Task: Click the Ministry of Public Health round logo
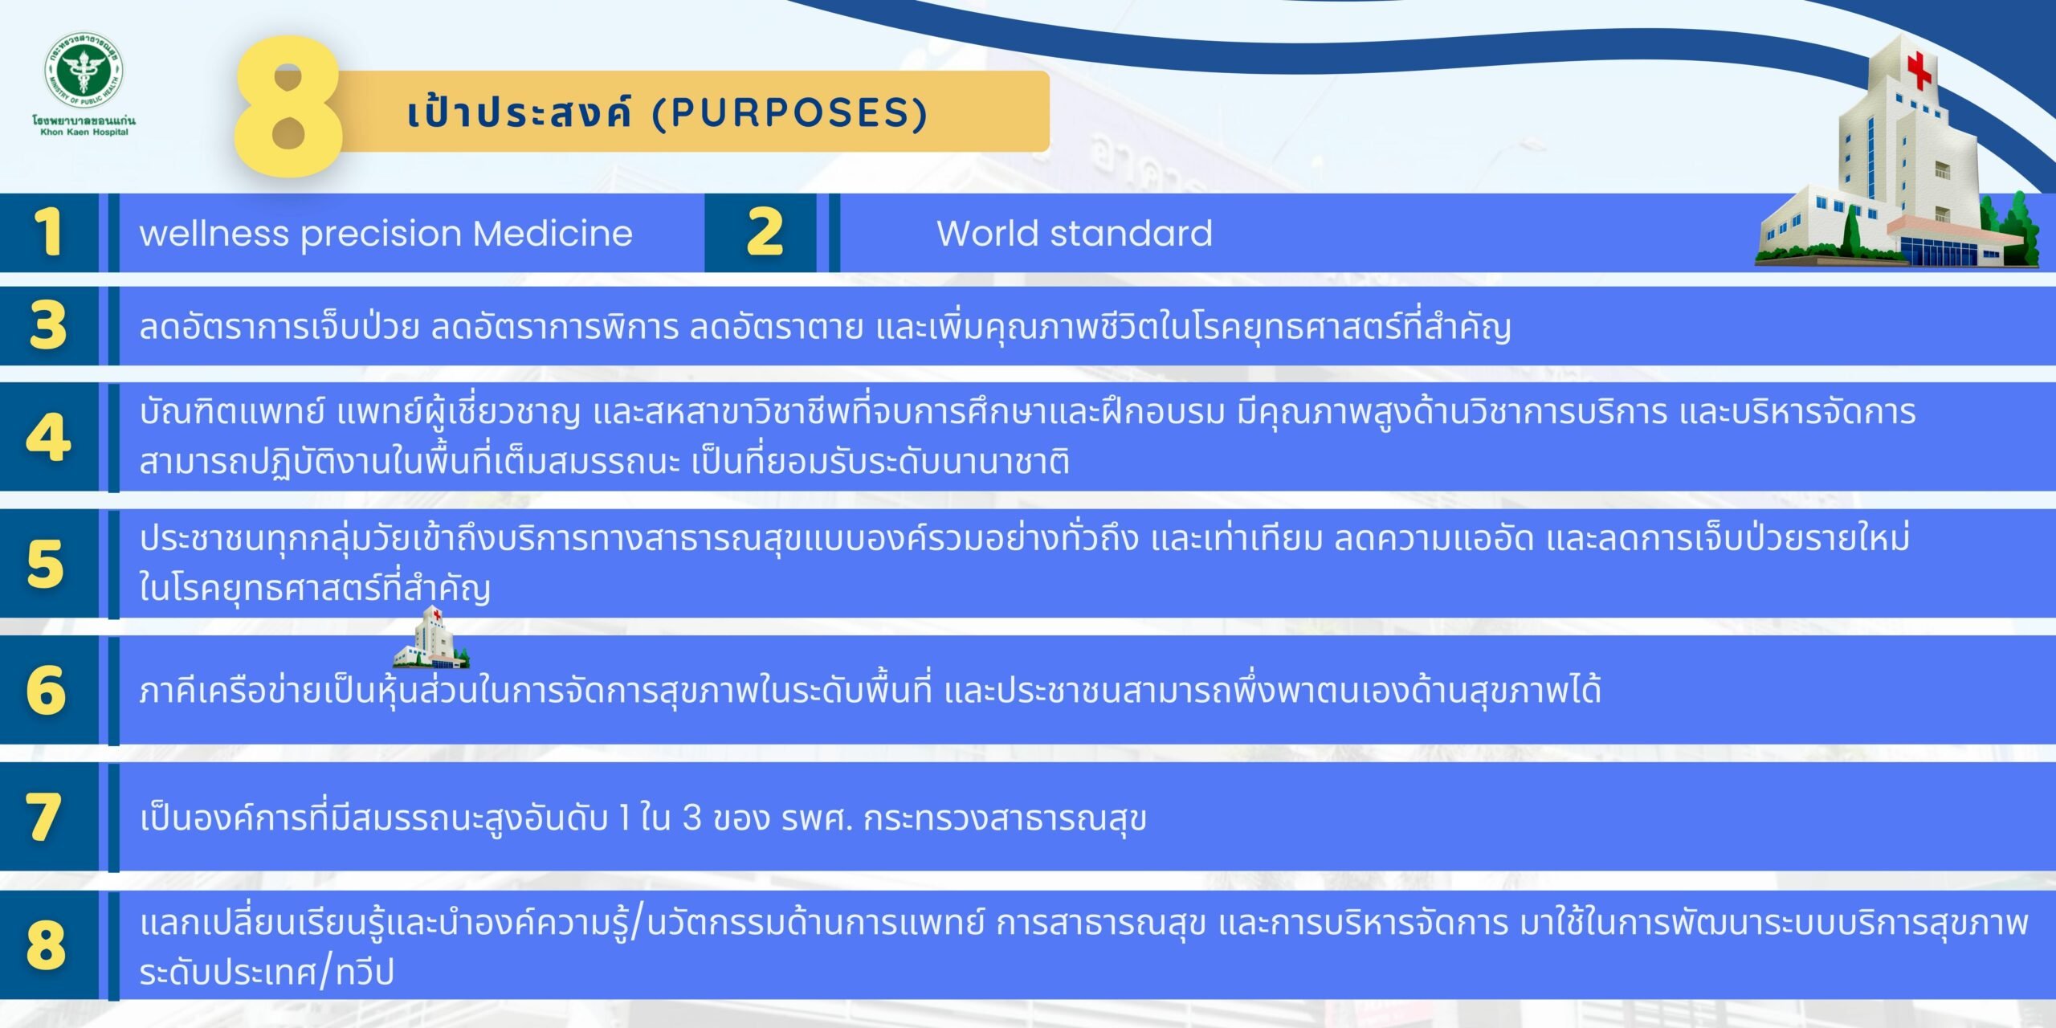coord(84,72)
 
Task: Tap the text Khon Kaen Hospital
coord(84,132)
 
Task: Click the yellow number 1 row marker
coord(48,233)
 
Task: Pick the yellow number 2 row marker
coord(764,233)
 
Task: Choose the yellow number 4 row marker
coord(48,437)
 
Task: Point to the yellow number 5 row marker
coord(46,564)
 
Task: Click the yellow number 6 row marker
coord(46,690)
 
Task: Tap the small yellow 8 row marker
coord(46,944)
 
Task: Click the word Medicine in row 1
coord(553,233)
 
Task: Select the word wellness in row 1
coord(214,233)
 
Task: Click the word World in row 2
coord(987,233)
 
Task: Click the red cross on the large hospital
coord(1919,70)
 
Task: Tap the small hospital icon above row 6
coord(430,638)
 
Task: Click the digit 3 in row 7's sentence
coord(691,818)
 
